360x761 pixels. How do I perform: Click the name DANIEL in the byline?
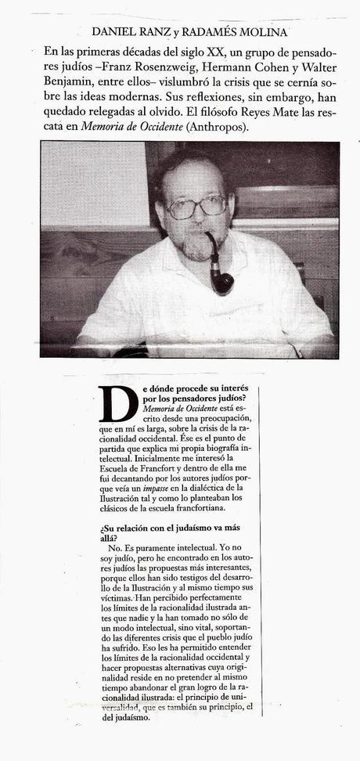(117, 32)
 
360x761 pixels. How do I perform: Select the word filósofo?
(260, 110)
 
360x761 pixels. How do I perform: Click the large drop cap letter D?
(118, 405)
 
